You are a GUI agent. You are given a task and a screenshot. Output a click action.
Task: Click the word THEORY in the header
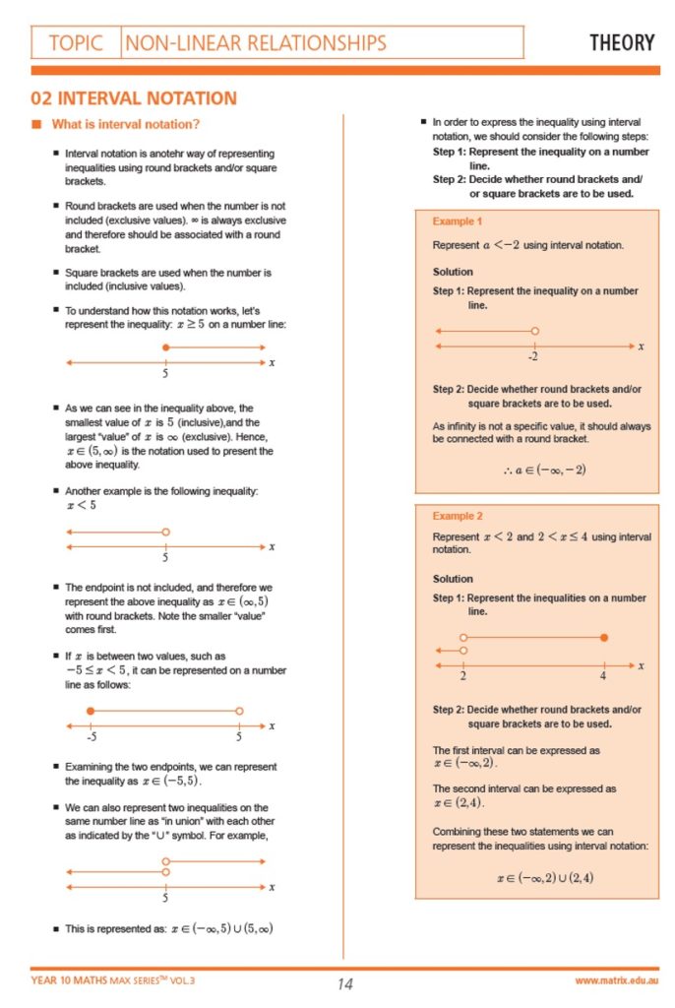click(621, 42)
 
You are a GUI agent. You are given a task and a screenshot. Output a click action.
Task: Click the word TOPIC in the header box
click(76, 42)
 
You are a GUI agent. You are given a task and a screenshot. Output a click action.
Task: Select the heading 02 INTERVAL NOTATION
click(134, 98)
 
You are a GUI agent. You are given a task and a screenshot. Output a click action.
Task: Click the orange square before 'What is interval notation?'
click(36, 124)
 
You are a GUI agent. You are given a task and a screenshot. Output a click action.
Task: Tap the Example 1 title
click(458, 221)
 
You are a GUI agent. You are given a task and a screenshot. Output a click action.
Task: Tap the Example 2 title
click(458, 515)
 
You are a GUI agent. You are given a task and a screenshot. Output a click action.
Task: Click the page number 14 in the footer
click(344, 983)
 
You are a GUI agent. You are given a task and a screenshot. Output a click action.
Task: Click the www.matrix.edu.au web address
click(617, 981)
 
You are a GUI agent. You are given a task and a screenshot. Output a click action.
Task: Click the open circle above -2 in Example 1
click(534, 332)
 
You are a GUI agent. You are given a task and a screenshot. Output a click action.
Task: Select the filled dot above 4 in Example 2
click(604, 638)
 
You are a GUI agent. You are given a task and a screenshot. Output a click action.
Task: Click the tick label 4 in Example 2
click(603, 677)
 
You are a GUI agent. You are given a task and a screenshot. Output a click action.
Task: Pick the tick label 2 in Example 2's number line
click(462, 677)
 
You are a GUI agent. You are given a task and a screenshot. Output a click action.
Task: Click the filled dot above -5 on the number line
click(91, 710)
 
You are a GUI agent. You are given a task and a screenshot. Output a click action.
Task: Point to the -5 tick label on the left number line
click(91, 736)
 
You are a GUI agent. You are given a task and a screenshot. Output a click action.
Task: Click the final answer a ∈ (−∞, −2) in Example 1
click(544, 470)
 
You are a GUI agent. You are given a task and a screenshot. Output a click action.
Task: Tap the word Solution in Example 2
click(453, 579)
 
